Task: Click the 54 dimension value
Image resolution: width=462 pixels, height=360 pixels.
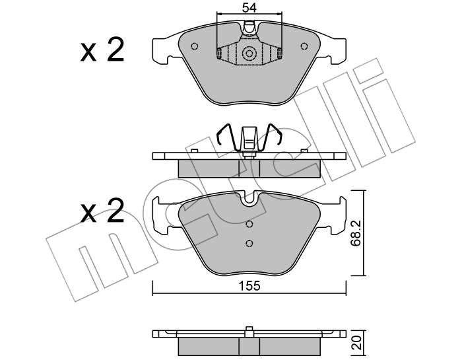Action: coord(249,8)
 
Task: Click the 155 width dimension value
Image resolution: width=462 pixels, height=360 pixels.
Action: coord(249,286)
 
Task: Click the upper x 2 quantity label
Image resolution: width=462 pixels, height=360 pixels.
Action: coord(102,50)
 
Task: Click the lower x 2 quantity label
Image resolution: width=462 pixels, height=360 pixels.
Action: coord(102,211)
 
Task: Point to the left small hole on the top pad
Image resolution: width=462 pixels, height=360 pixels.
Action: coord(194,46)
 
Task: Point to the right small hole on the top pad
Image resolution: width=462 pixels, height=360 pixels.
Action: coord(304,46)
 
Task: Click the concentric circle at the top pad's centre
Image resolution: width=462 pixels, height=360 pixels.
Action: coord(249,54)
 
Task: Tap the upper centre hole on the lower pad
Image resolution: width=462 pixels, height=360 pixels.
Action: coord(249,224)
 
